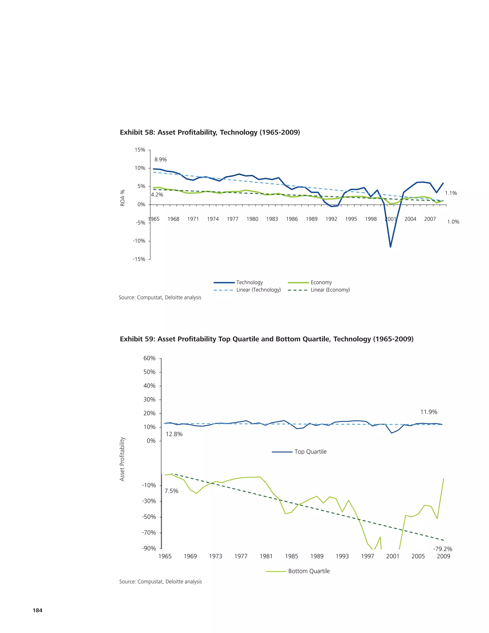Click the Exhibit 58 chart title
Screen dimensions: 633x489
[210, 133]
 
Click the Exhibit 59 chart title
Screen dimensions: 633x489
[266, 339]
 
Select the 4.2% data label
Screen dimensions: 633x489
[157, 195]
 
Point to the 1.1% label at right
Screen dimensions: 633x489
[451, 193]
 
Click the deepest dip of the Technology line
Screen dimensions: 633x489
[390, 247]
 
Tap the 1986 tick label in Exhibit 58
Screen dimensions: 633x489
[292, 219]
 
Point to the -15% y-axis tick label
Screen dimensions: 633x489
[139, 259]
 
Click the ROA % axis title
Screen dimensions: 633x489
[122, 198]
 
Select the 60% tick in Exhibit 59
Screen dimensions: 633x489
[149, 358]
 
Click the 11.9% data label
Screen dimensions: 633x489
[429, 412]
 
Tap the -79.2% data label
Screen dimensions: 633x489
[442, 549]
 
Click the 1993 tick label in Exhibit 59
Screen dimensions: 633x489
[342, 556]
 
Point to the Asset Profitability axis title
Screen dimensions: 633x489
[122, 459]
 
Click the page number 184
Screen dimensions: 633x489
[38, 610]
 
